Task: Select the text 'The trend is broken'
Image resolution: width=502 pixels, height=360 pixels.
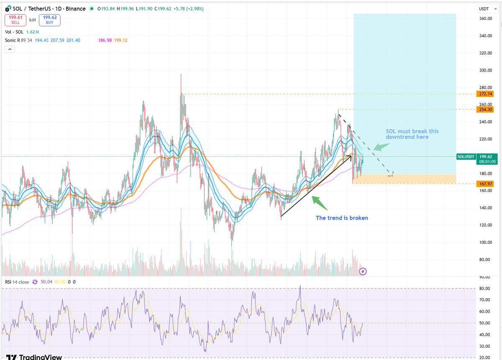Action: tap(342, 218)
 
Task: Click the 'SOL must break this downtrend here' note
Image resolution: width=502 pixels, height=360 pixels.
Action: tap(412, 134)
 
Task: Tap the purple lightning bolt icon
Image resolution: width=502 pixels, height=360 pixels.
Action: tap(363, 271)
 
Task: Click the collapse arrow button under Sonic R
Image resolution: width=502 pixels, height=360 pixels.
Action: tap(10, 49)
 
